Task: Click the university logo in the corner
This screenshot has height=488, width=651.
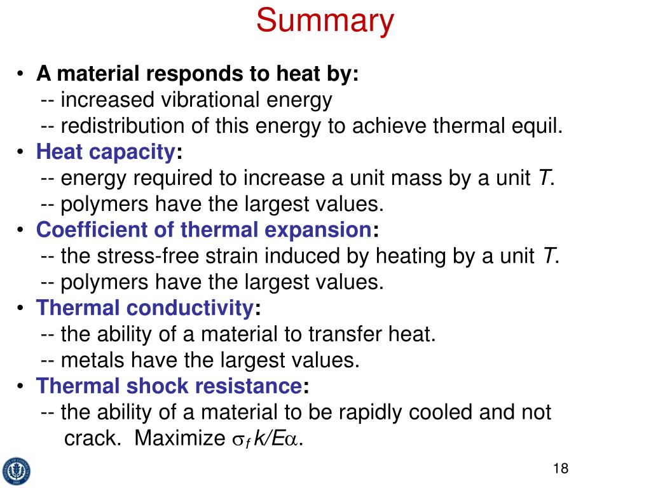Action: click(x=16, y=471)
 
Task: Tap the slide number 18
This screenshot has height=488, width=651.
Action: click(x=560, y=469)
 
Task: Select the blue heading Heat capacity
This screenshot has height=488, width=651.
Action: click(x=106, y=152)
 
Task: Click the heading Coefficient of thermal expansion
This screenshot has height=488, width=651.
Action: click(x=203, y=229)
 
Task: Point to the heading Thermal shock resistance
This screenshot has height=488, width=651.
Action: click(x=168, y=386)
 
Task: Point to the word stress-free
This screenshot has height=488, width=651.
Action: click(x=144, y=256)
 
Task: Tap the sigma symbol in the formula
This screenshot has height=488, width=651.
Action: click(x=236, y=440)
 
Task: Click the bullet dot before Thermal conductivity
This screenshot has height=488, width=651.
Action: click(x=21, y=309)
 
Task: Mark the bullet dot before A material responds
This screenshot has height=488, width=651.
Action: click(x=21, y=75)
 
